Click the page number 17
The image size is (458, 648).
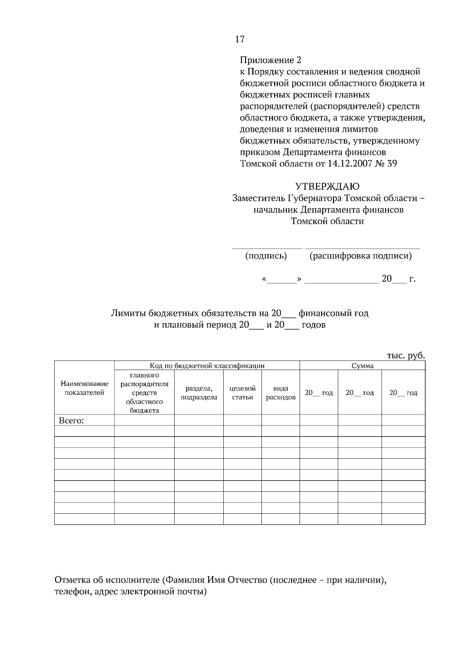pyautogui.click(x=240, y=39)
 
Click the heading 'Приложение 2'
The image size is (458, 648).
pyautogui.click(x=270, y=60)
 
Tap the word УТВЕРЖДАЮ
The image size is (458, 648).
pyautogui.click(x=327, y=187)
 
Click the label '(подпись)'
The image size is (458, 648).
pyautogui.click(x=266, y=256)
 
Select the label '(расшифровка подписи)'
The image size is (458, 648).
pyautogui.click(x=360, y=256)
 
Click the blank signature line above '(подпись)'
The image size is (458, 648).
pyautogui.click(x=267, y=248)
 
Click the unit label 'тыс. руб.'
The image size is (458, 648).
pyautogui.click(x=406, y=355)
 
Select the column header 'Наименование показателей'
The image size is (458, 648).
pyautogui.click(x=84, y=388)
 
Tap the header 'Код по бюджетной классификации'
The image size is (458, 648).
pyautogui.click(x=207, y=366)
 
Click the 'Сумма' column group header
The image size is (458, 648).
pyautogui.click(x=362, y=366)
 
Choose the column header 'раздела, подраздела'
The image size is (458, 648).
pyautogui.click(x=199, y=393)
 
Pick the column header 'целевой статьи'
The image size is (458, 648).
pyautogui.click(x=242, y=393)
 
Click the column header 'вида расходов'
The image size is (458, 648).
pyautogui.click(x=281, y=393)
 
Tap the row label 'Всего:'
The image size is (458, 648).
pyautogui.click(x=71, y=421)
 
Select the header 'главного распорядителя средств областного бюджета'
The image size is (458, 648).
pyautogui.click(x=144, y=393)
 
